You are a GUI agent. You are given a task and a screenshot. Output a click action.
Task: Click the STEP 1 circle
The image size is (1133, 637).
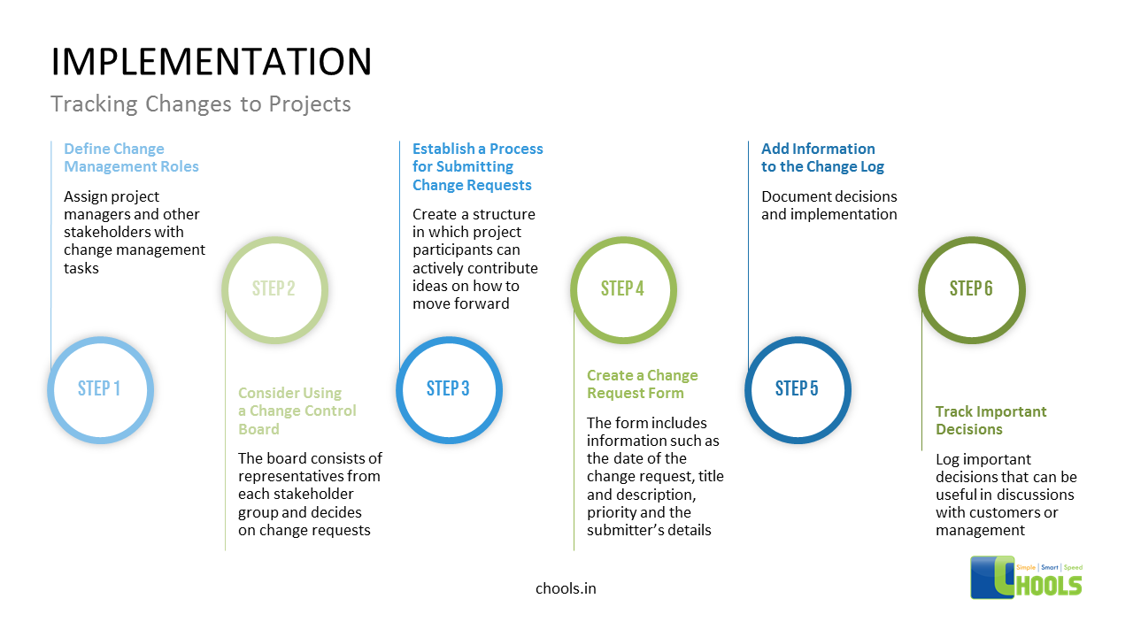(100, 389)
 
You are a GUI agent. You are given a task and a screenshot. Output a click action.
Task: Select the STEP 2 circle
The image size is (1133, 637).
(274, 289)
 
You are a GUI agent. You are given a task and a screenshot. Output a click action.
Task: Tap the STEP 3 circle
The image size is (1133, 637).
(449, 389)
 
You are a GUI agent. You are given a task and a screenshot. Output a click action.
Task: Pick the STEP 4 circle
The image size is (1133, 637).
(623, 289)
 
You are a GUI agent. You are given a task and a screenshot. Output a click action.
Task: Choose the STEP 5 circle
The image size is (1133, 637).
(798, 389)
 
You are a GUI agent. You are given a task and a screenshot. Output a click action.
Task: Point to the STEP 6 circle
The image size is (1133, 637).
(972, 289)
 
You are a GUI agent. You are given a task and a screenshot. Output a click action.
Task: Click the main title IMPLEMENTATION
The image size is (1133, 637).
(211, 62)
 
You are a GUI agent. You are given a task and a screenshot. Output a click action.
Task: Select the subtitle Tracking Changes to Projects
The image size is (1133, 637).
(201, 104)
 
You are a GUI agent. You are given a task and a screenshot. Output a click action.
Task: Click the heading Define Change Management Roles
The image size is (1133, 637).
(131, 157)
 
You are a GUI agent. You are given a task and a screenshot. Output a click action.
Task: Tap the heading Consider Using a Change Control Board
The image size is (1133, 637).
(297, 411)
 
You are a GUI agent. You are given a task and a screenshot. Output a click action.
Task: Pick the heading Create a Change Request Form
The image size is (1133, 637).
(642, 384)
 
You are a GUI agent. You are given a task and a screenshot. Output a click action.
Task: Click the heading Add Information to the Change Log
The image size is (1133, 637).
(822, 157)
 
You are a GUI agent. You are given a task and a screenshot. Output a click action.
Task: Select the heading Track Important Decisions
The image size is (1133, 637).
(990, 420)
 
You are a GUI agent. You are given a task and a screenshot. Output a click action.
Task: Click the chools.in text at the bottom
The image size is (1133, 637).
(566, 588)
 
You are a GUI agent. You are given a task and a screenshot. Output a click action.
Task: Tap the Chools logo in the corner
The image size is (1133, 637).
(1026, 576)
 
